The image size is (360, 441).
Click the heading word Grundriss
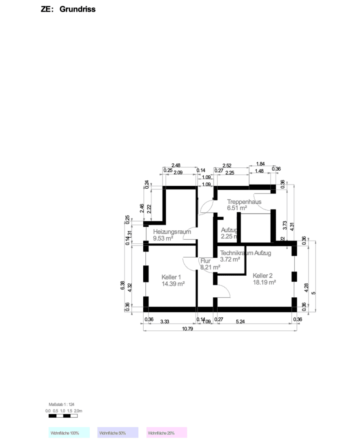point(78,9)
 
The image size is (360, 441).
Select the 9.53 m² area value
point(163,238)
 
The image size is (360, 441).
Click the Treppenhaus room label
point(244,202)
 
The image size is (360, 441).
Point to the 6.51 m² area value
point(237,208)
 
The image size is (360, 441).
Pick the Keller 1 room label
point(171,277)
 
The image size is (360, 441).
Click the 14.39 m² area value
point(173,283)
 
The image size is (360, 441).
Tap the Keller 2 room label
point(262,275)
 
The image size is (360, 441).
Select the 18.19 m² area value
point(264,282)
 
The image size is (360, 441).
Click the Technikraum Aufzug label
point(245,253)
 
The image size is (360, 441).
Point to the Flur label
point(205,261)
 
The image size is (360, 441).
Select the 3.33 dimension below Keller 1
point(165,322)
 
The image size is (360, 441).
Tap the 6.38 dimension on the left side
point(123,286)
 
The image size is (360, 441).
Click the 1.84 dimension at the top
point(260,164)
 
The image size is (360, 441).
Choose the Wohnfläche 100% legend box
point(69,432)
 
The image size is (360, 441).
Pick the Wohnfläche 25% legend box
point(167,432)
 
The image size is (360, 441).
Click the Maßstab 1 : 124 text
point(61,404)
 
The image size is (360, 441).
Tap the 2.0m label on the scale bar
point(78,410)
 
